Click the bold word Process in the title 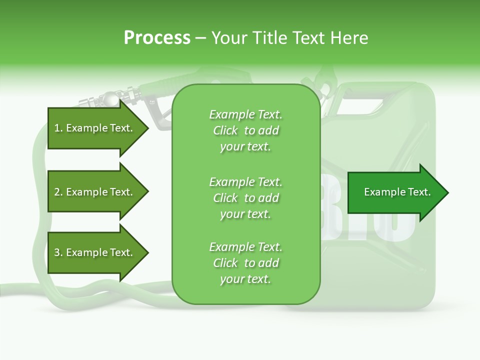coord(157,38)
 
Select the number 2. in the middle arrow coord(58,192)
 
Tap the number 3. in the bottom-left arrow coord(58,252)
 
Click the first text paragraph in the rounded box coord(245,130)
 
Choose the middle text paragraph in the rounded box coord(245,197)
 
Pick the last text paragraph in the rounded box coord(245,263)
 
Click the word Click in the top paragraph coord(225,130)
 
